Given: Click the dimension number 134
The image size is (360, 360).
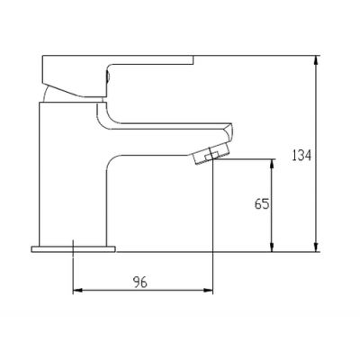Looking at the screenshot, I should click(x=301, y=156).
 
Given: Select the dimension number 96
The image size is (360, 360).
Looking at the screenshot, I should click(x=140, y=282).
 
